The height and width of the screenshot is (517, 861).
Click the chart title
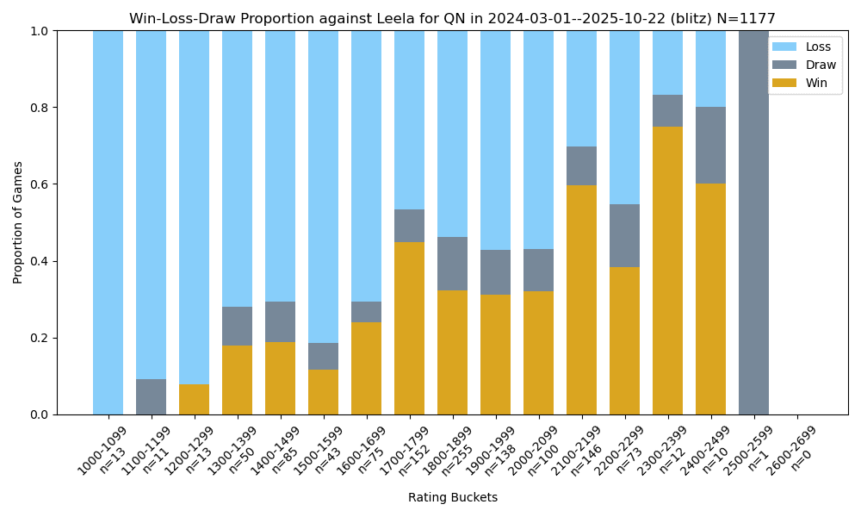[452, 18]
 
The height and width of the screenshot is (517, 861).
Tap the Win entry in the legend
[817, 83]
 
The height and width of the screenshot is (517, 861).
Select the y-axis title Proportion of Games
[18, 222]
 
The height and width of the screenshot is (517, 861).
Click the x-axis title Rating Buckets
[452, 497]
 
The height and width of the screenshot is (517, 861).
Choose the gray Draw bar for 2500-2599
[753, 222]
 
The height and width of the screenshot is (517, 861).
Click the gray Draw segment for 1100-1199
[151, 397]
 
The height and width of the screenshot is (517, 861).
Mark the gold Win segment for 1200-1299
[194, 400]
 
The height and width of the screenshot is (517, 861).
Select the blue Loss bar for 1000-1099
[108, 222]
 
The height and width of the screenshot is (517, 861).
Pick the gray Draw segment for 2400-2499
[710, 146]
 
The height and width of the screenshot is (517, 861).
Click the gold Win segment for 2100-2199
[581, 300]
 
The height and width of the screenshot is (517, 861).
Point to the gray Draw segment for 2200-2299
[624, 236]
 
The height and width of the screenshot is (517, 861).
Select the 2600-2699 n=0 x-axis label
[790, 450]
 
